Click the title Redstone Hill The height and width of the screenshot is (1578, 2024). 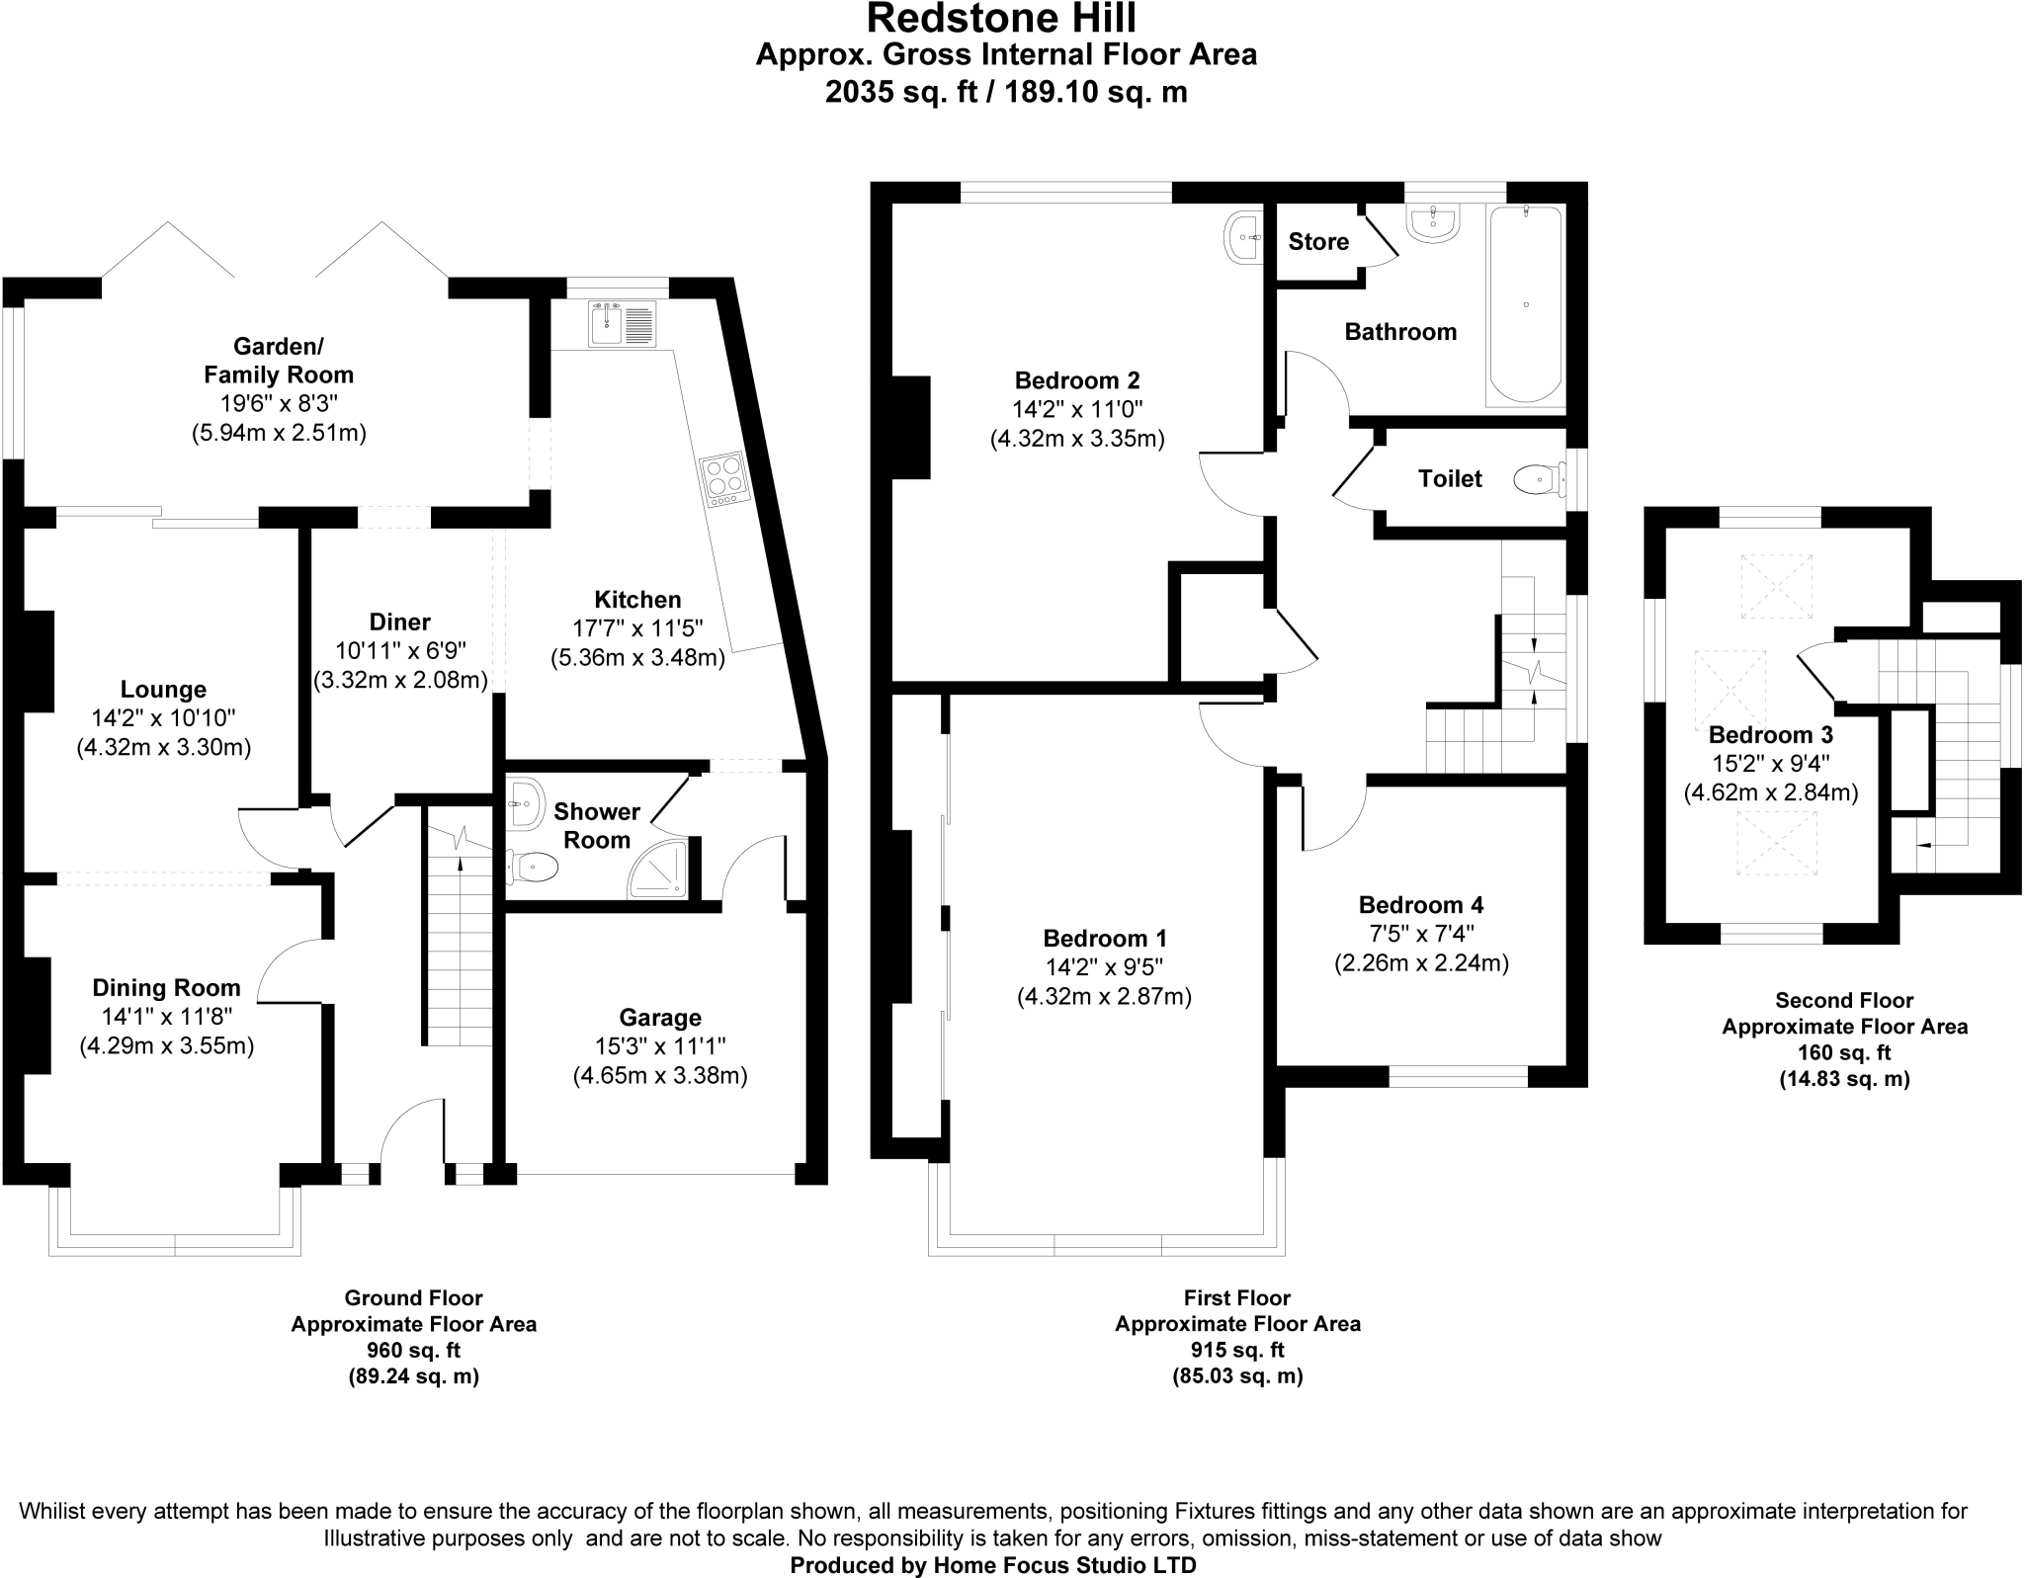point(1002,18)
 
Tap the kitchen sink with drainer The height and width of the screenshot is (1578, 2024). point(622,323)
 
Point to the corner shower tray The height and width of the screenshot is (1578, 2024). point(659,870)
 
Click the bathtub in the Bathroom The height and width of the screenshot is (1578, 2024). point(1526,305)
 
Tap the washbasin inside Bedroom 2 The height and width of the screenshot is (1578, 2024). point(1244,238)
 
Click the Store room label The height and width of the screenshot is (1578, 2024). point(1318,242)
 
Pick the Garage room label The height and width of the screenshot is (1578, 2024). point(660,1018)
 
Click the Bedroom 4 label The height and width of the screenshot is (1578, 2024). point(1420,905)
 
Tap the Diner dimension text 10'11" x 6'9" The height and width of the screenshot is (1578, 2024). point(400,651)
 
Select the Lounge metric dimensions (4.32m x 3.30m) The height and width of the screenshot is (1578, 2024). point(164,748)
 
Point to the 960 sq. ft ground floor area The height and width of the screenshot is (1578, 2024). point(413,1350)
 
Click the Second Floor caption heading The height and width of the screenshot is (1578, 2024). point(1844,1000)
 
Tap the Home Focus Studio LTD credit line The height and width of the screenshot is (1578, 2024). point(992,1565)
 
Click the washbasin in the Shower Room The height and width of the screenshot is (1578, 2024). point(525,803)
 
